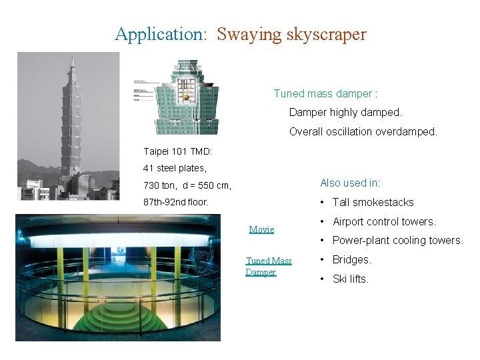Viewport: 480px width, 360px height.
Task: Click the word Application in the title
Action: [x=160, y=34]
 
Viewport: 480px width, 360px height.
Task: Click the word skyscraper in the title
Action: [x=326, y=34]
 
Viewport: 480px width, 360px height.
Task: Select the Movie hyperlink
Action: [x=261, y=229]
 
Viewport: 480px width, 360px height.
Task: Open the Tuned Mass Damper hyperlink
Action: [x=269, y=266]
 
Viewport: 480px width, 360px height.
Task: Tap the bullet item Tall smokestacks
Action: [x=373, y=202]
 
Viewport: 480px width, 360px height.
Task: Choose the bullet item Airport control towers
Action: [x=383, y=221]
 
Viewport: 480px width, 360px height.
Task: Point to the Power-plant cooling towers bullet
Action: [x=397, y=240]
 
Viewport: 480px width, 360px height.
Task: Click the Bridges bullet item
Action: [x=351, y=259]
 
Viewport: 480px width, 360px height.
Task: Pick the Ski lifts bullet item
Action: [x=350, y=279]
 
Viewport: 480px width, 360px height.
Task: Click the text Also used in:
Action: [x=349, y=183]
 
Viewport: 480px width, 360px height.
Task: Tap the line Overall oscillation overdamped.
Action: [x=363, y=132]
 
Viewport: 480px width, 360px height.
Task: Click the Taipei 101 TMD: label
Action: [x=178, y=151]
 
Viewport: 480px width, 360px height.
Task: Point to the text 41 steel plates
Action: [x=175, y=168]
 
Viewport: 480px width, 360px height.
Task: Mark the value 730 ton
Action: [x=160, y=185]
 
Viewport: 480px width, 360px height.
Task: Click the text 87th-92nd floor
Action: [x=176, y=201]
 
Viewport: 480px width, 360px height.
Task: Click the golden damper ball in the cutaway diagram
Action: [x=187, y=97]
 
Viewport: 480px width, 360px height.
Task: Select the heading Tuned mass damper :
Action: [x=325, y=94]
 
